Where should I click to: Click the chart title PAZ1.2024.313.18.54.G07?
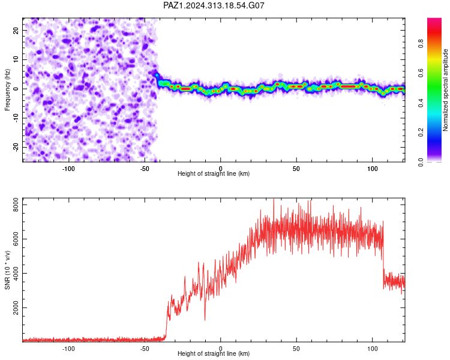[x=214, y=5]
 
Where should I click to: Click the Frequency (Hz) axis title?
[x=7, y=89]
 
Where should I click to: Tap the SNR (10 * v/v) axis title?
[x=7, y=270]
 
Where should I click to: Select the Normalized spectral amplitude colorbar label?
[x=445, y=90]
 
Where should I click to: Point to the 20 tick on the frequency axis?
[x=16, y=30]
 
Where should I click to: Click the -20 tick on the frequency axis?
[x=16, y=147]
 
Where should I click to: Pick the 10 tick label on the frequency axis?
[x=16, y=59]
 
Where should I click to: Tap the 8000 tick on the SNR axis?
[x=16, y=205]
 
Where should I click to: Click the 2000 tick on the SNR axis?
[x=16, y=307]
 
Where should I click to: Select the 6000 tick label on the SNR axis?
[x=16, y=239]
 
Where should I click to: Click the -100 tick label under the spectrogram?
[x=68, y=169]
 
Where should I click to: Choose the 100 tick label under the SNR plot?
[x=372, y=349]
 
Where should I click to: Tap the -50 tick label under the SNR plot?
[x=145, y=349]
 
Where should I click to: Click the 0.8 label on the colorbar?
[x=421, y=44]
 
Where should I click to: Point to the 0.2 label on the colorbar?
[x=421, y=133]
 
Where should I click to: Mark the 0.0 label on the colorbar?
[x=421, y=162]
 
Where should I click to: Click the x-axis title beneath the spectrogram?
[x=214, y=173]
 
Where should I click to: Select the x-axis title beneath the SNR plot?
[x=214, y=353]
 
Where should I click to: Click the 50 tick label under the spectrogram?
[x=296, y=169]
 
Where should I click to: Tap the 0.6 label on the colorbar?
[x=421, y=73]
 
